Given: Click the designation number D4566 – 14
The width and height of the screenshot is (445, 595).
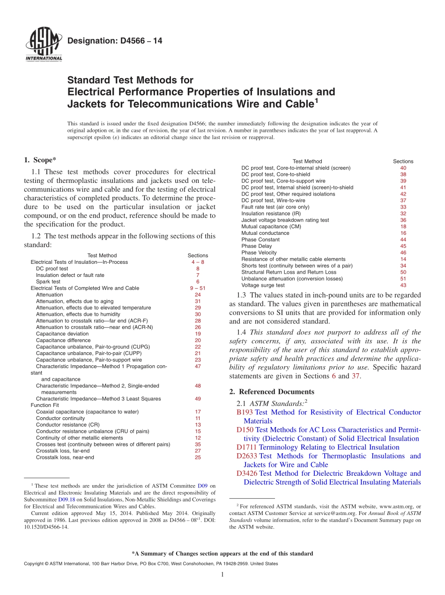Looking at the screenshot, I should click(115, 41).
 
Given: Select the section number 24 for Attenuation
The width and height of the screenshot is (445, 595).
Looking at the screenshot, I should click(198, 295).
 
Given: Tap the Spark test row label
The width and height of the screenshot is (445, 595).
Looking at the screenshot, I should click(48, 282).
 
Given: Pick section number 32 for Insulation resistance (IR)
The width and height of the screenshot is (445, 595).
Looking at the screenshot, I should click(403, 213).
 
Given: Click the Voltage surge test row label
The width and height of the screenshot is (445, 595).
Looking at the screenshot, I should click(263, 285).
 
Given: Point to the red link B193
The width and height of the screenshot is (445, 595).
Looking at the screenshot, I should click(245, 412).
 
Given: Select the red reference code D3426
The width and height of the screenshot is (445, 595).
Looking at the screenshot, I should click(247, 473).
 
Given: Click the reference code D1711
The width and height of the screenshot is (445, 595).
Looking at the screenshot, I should click(247, 447).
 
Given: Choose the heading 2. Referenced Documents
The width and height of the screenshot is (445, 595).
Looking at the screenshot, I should click(272, 392).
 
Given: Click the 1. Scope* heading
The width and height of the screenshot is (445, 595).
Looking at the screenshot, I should click(40, 160).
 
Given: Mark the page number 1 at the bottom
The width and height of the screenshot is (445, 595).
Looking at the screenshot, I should click(222, 575).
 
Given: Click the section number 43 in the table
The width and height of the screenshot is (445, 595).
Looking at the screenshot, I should click(403, 285).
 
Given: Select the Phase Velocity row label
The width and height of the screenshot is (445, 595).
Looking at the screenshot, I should click(259, 253).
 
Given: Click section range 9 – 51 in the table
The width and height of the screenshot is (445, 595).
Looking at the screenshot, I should click(198, 288).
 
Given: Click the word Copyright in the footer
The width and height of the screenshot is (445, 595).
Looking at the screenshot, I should click(35, 564).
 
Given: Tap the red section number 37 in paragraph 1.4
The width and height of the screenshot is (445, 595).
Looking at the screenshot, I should click(356, 376).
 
